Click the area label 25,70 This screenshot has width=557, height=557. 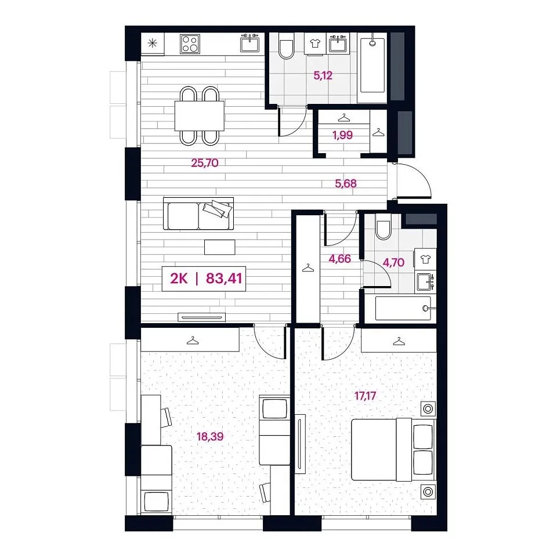(205, 163)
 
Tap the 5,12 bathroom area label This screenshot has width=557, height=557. (323, 75)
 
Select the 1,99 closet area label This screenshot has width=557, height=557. (342, 135)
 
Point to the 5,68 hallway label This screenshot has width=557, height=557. (346, 183)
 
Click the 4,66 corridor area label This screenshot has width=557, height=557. (339, 259)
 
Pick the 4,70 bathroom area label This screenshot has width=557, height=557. (393, 262)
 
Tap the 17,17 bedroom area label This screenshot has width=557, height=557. (365, 395)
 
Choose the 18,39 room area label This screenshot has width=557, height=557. (210, 436)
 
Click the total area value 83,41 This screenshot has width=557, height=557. (224, 278)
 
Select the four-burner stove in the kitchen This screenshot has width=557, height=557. (190, 44)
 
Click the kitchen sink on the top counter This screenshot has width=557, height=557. (250, 44)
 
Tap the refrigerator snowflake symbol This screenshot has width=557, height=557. (153, 44)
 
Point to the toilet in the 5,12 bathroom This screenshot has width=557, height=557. (286, 46)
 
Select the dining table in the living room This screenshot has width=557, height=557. (200, 116)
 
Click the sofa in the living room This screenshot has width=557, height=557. (198, 214)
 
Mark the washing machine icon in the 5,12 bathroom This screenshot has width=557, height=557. (314, 44)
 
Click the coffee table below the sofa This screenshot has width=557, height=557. (219, 247)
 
